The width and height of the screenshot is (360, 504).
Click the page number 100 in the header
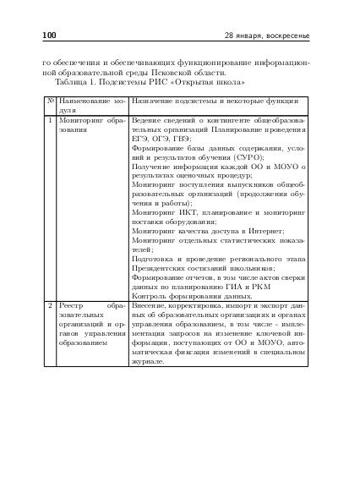tap(48, 36)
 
